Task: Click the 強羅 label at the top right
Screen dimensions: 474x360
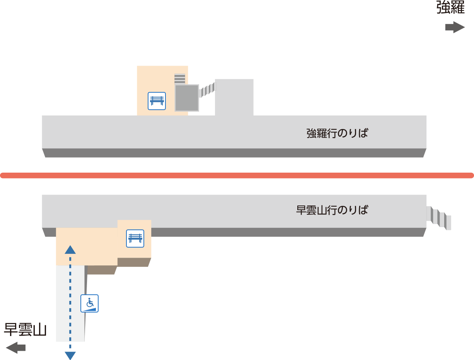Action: pos(451,7)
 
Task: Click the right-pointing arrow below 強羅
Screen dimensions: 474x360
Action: pos(455,27)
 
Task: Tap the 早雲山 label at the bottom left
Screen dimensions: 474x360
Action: pos(25,329)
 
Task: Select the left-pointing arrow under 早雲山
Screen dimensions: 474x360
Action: pos(16,348)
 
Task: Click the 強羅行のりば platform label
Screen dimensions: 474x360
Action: pos(337,133)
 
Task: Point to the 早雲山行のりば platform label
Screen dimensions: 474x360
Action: pos(332,210)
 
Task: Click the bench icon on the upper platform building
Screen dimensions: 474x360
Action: pos(157,101)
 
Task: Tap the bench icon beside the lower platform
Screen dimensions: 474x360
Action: pos(135,238)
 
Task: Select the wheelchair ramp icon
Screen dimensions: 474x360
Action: pos(89,303)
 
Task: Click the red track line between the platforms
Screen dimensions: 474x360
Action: pos(237,175)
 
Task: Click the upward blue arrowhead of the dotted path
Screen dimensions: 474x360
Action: pos(70,250)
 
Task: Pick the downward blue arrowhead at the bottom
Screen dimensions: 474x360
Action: pos(70,356)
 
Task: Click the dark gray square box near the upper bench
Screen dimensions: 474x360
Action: pos(187,98)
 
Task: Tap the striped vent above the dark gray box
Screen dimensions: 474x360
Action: pos(180,79)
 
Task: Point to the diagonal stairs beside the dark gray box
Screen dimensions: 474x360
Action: pos(208,90)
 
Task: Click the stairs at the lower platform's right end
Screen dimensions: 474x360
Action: pos(438,218)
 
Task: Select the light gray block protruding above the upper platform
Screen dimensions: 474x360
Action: pos(234,97)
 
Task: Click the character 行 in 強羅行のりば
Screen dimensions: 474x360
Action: pos(332,133)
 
